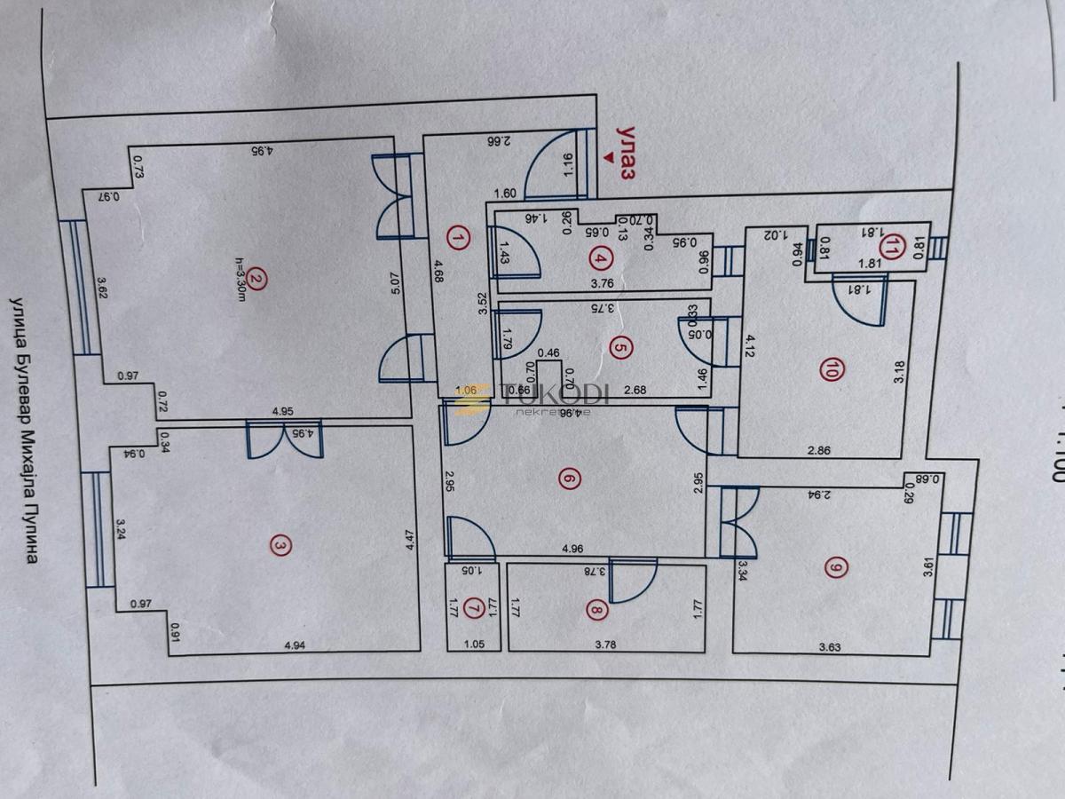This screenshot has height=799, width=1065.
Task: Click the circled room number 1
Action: click(458, 238)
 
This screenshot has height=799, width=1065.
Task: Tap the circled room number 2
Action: click(256, 278)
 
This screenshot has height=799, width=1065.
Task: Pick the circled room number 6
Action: click(593, 479)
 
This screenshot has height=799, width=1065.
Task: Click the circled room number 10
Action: click(830, 372)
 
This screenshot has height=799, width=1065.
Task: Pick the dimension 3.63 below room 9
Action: click(831, 646)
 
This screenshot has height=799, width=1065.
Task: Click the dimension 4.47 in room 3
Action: click(409, 542)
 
